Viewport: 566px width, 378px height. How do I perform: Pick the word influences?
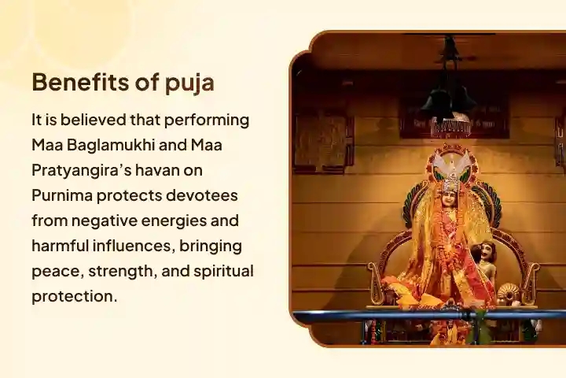click(x=133, y=246)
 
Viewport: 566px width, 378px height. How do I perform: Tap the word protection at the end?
click(x=72, y=297)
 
